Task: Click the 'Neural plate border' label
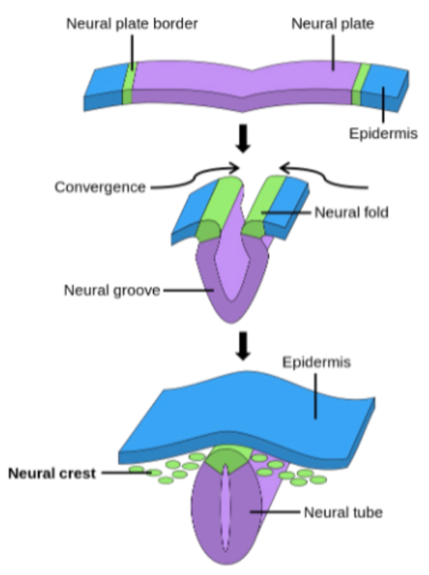[131, 23]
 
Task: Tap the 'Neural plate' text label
[332, 23]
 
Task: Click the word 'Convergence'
[100, 187]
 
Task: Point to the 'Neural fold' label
[351, 212]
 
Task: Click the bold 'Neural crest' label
[51, 473]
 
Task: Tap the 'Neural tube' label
[343, 512]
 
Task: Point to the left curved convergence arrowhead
[235, 167]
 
